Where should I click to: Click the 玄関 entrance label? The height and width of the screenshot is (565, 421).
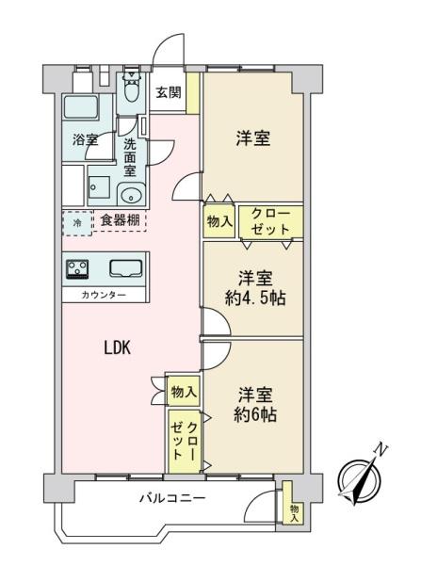click(x=169, y=93)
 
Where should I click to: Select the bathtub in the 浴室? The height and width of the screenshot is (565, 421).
click(x=81, y=107)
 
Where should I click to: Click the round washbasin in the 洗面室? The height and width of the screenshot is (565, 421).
click(x=132, y=195)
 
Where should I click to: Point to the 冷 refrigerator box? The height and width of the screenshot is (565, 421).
click(x=77, y=223)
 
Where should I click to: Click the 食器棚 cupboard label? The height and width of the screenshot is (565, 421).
click(x=120, y=219)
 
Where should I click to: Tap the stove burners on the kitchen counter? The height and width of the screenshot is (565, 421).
click(x=77, y=269)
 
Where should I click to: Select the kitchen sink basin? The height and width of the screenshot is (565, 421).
click(x=126, y=268)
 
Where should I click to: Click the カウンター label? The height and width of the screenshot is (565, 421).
click(x=104, y=296)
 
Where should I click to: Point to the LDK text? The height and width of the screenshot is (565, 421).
click(x=118, y=348)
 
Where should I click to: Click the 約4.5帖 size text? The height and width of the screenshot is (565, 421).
click(x=255, y=299)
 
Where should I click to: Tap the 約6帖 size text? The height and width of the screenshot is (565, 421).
click(x=255, y=415)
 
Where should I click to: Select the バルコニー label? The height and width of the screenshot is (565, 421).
click(x=172, y=498)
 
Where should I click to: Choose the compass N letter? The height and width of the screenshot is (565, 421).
click(x=381, y=450)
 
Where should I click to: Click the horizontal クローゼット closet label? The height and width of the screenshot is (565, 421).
click(x=270, y=221)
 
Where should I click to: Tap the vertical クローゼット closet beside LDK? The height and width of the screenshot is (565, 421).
click(x=185, y=441)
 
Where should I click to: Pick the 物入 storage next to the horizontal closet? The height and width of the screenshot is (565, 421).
click(x=219, y=221)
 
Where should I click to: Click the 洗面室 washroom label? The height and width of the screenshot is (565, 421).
click(x=130, y=157)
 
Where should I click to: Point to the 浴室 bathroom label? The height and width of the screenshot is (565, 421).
click(x=86, y=139)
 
